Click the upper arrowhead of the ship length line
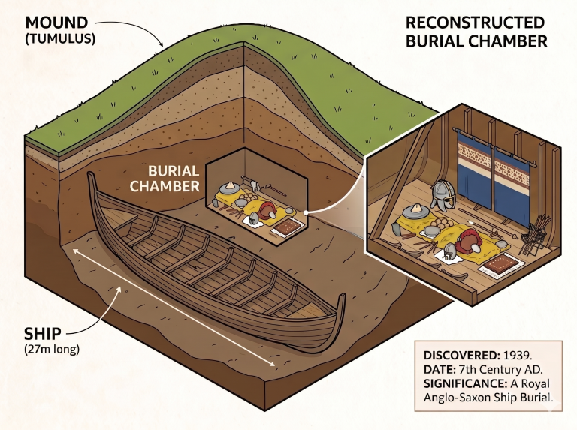(x=76, y=251)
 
